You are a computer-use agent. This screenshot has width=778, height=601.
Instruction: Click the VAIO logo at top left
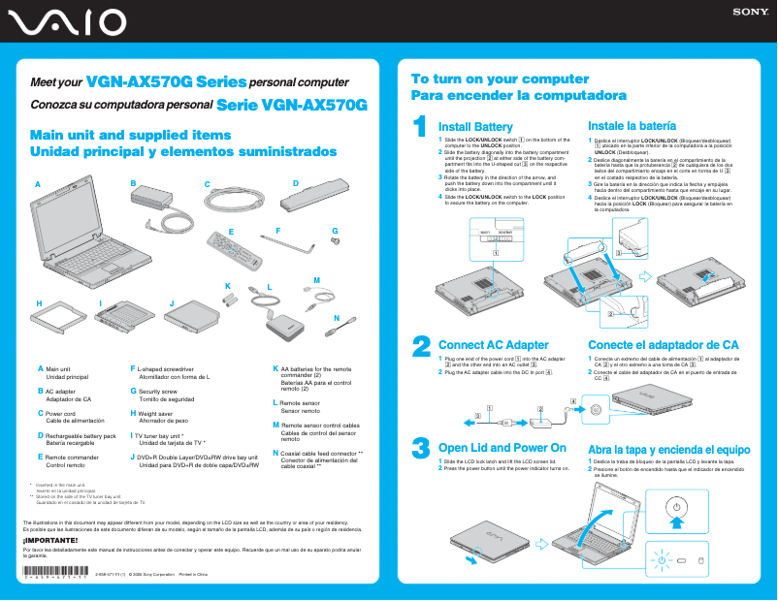pyautogui.click(x=66, y=21)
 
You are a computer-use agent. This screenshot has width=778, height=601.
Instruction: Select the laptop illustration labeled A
pyautogui.click(x=78, y=242)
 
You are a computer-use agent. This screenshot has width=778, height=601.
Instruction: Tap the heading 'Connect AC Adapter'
pyautogui.click(x=493, y=345)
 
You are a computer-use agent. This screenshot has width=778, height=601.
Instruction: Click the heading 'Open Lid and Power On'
pyautogui.click(x=502, y=448)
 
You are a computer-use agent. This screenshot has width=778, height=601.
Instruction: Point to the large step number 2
pyautogui.click(x=421, y=346)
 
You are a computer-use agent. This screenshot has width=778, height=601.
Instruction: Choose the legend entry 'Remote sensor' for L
pyautogui.click(x=298, y=402)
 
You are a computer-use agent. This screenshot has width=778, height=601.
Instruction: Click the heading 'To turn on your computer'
pyautogui.click(x=486, y=79)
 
